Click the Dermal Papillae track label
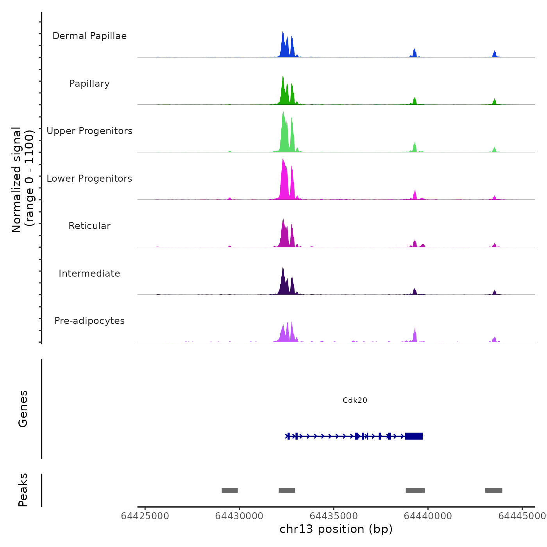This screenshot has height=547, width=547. click(89, 36)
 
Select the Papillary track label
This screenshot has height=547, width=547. click(89, 84)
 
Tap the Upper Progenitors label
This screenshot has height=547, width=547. click(89, 131)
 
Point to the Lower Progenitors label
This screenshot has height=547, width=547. click(89, 179)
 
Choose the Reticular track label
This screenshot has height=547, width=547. click(89, 226)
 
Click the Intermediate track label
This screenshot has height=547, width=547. click(89, 273)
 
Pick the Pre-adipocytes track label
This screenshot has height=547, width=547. click(89, 321)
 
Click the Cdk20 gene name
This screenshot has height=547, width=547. click(355, 400)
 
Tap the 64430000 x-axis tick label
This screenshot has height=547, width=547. click(239, 516)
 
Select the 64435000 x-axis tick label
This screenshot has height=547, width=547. click(334, 516)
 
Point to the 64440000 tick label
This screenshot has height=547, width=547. click(428, 516)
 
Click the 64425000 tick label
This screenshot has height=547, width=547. click(145, 516)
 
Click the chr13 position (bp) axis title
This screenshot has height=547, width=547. click(336, 529)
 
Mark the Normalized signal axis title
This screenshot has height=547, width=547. click(23, 180)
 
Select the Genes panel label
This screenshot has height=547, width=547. click(23, 409)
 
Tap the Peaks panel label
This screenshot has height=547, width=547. click(23, 490)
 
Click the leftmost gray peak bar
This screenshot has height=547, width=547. click(230, 490)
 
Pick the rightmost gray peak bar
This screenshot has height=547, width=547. click(493, 490)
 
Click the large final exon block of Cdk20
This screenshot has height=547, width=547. click(414, 436)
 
